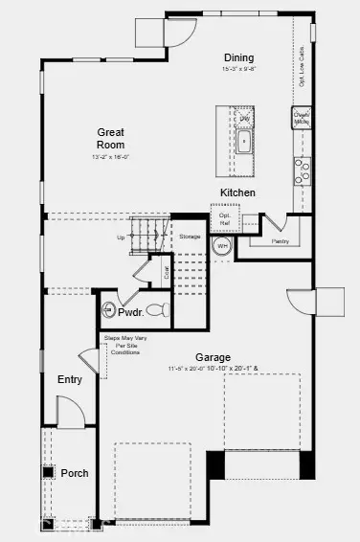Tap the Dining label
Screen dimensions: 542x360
coord(238,57)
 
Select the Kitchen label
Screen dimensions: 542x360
coord(237,192)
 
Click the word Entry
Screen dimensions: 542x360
coord(69,379)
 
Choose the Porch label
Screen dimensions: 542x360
coord(75,473)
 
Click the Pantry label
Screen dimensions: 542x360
coord(281,241)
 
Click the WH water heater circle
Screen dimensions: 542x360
coord(221,247)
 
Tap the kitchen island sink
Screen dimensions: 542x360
coord(244,148)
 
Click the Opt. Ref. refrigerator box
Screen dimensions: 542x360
coord(225,219)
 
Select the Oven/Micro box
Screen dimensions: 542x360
coord(302,119)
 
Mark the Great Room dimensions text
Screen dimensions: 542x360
coord(111,156)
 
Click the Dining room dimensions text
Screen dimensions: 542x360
coord(238,69)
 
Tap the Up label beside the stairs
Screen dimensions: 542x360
coord(120,237)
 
